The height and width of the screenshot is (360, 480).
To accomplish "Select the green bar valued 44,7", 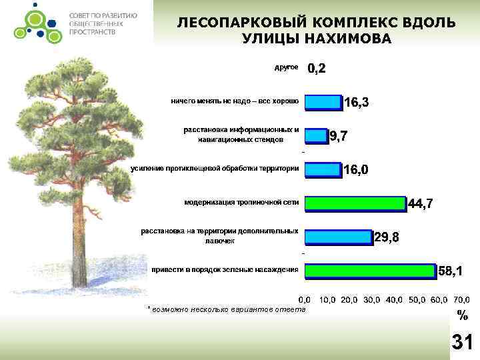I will [355, 203].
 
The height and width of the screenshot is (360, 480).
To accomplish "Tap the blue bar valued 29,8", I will [338, 236].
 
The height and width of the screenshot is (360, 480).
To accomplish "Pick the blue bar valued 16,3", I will [323, 102].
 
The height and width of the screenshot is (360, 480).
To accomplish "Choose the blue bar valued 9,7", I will [317, 136].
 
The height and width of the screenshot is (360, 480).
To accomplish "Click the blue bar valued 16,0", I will [323, 169].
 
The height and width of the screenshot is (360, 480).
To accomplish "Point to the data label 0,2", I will [317, 69].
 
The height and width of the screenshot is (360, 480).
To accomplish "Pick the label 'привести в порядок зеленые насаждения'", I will [224, 269].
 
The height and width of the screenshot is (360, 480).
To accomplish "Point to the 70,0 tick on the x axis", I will [461, 299].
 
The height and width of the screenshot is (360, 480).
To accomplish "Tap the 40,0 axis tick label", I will [395, 299].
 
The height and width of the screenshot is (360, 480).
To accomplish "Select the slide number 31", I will [462, 342].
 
